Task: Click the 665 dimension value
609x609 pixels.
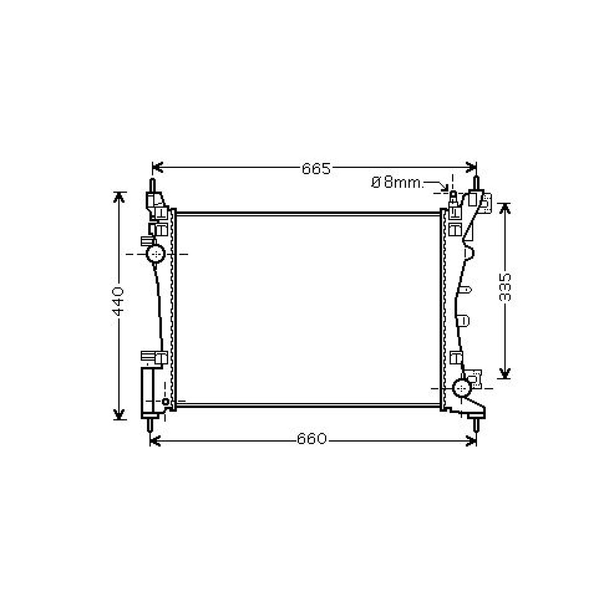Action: (316, 168)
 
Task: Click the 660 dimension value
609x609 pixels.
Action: (312, 439)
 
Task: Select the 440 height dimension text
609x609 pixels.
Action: (118, 301)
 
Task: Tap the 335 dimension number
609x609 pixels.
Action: (505, 287)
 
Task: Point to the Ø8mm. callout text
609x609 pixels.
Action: (397, 183)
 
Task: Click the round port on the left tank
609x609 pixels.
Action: (156, 253)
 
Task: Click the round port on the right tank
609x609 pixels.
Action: (462, 388)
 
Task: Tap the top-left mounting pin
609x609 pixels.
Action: (153, 185)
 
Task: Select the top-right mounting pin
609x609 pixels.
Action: (476, 183)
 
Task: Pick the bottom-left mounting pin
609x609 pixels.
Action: (150, 424)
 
